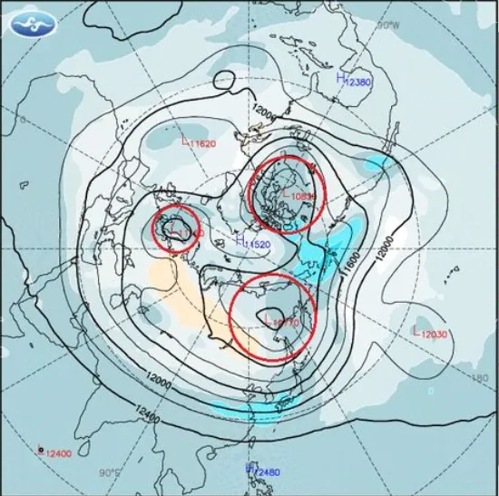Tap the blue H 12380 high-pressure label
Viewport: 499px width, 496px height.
pyautogui.click(x=354, y=82)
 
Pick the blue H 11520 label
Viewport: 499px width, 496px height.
pyautogui.click(x=253, y=243)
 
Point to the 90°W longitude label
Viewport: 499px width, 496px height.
pyautogui.click(x=388, y=24)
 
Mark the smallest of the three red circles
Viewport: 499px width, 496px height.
pyautogui.click(x=175, y=229)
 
